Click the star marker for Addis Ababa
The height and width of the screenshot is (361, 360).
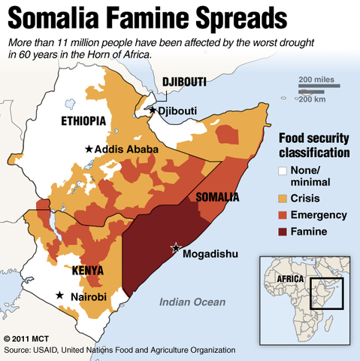(x=89, y=150)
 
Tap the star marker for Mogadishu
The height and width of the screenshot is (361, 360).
(x=177, y=247)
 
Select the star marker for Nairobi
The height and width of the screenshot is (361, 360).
(x=61, y=296)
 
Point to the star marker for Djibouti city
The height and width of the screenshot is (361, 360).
(x=153, y=111)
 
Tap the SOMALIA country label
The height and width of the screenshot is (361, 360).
(x=217, y=197)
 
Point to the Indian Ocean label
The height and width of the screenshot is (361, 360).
(x=192, y=302)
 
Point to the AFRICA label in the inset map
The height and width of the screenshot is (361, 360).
(x=288, y=278)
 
